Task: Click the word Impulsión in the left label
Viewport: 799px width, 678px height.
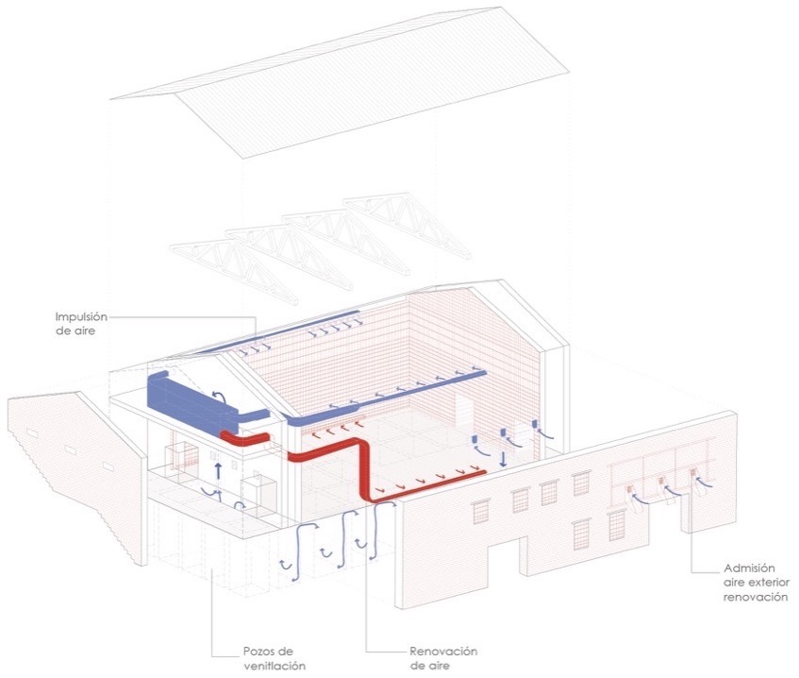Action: [x=81, y=317]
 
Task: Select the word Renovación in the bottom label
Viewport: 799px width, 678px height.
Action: [x=443, y=652]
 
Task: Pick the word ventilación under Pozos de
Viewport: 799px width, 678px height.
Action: [x=275, y=666]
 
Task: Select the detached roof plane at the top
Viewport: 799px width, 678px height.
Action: [x=340, y=81]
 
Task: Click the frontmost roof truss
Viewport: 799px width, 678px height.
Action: [x=234, y=270]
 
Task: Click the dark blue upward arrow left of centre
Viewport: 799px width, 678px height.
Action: [x=218, y=470]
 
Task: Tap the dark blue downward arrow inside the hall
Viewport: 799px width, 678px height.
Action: [x=503, y=459]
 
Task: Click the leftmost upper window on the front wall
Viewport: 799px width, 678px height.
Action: [x=480, y=512]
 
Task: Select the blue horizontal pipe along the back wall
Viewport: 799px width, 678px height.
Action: [x=388, y=398]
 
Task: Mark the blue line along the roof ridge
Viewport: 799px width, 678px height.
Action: [x=277, y=331]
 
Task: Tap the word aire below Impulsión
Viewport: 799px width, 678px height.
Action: [x=85, y=331]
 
